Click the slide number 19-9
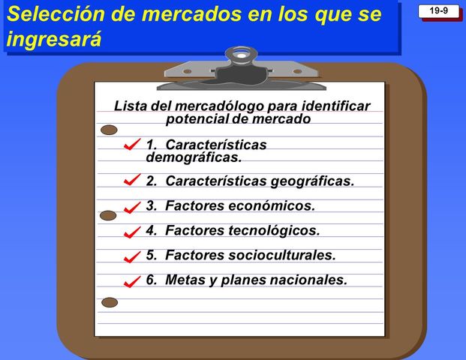pyautogui.click(x=439, y=10)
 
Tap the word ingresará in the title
pyautogui.click(x=53, y=40)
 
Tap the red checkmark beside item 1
pyautogui.click(x=132, y=144)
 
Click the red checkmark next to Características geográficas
pyautogui.click(x=132, y=181)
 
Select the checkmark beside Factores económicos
pyautogui.click(x=132, y=206)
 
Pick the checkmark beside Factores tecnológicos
pyautogui.click(x=132, y=232)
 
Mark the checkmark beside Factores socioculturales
pyautogui.click(x=132, y=256)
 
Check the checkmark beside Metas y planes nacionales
pyautogui.click(x=132, y=282)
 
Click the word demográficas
pyautogui.click(x=194, y=157)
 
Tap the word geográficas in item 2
pyautogui.click(x=311, y=181)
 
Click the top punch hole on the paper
pyautogui.click(x=110, y=130)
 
